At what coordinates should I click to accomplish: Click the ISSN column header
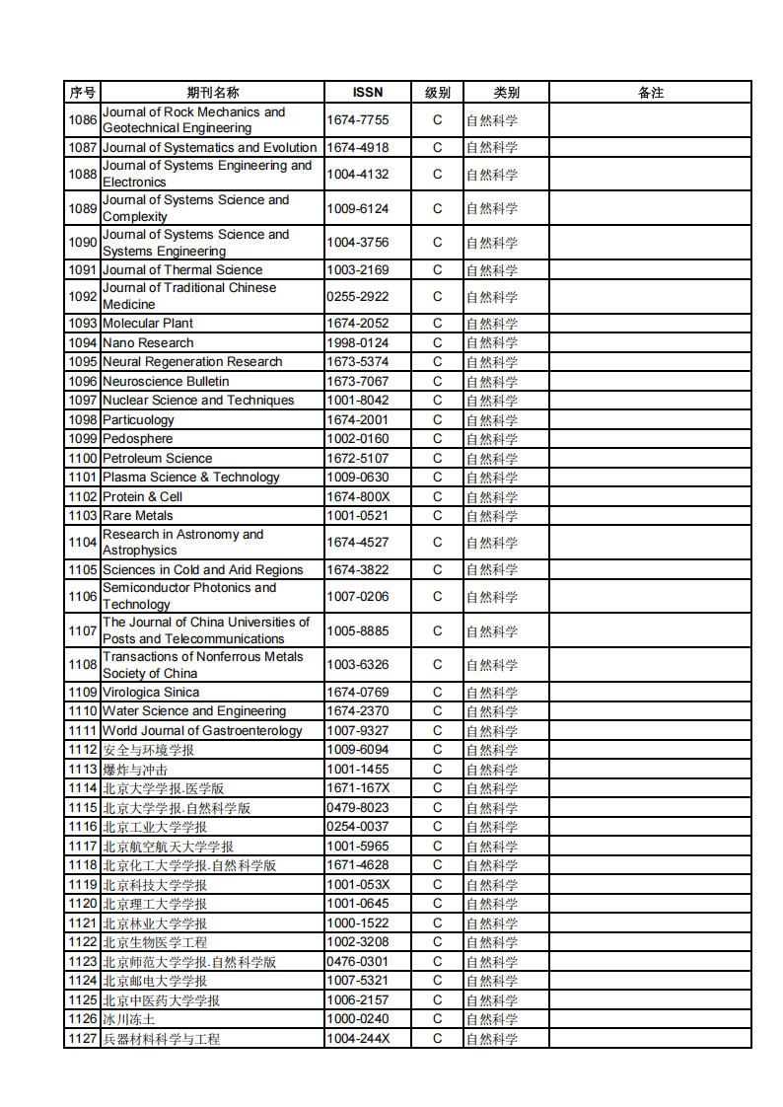368,93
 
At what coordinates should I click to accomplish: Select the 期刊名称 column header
212,93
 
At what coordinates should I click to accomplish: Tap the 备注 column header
650,93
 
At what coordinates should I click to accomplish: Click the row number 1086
82,120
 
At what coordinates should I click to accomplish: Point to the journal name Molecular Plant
148,324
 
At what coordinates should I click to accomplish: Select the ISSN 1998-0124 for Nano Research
358,342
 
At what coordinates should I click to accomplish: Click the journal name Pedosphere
137,439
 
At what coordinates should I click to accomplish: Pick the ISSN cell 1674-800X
358,496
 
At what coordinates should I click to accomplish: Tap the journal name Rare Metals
137,516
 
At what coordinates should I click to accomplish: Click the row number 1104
82,543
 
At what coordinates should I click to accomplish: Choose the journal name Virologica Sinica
151,693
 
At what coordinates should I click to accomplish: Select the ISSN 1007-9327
358,731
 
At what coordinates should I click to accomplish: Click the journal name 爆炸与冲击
135,770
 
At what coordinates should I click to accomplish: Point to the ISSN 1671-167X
358,788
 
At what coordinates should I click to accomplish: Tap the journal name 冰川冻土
128,1019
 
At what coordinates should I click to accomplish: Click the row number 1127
82,1039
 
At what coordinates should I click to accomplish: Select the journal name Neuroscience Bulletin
166,382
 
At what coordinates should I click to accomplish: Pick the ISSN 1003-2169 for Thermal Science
358,269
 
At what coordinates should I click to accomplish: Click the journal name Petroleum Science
157,459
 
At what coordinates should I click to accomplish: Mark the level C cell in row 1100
438,459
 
